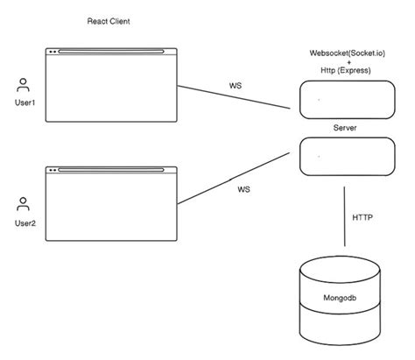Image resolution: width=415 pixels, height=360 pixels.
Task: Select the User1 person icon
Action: (x=24, y=84)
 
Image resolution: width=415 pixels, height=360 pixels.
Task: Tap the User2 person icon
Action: (x=24, y=204)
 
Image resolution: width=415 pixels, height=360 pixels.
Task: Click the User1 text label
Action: (x=25, y=102)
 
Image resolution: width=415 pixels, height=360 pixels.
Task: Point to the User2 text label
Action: (x=25, y=223)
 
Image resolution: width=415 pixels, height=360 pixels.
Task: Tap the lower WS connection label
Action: (x=243, y=188)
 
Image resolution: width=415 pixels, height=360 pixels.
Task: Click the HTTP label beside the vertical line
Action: (x=363, y=215)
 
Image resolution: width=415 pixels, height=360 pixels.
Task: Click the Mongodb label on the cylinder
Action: (x=341, y=300)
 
